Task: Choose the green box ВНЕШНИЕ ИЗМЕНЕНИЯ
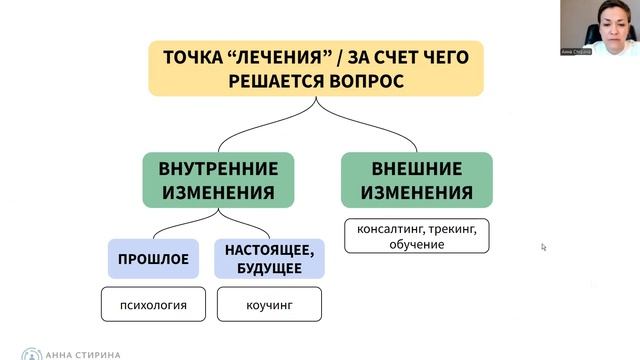pos(416,180)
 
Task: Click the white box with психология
pos(154,302)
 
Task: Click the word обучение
pos(412,244)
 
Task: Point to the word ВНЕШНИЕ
pos(416,167)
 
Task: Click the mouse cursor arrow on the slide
pos(544,246)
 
